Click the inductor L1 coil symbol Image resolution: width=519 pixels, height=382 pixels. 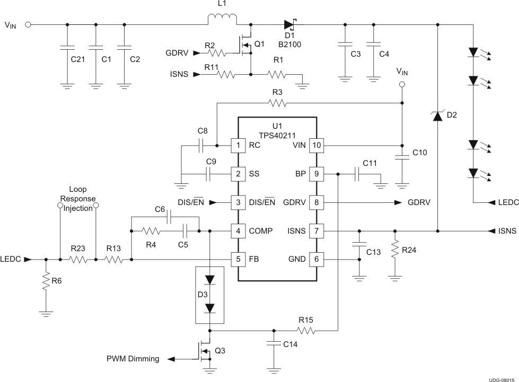click(222, 21)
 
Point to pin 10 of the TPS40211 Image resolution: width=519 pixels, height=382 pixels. click(317, 145)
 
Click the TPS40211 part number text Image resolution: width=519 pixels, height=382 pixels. click(276, 135)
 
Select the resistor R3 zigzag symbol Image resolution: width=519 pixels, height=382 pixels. click(277, 102)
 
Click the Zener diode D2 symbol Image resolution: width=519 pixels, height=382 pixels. click(438, 116)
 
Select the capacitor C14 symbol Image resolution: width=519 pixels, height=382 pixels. click(274, 344)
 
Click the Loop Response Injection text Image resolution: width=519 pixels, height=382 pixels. click(78, 199)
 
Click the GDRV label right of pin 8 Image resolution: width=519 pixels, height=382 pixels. click(419, 202)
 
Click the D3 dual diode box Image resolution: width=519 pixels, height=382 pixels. click(210, 295)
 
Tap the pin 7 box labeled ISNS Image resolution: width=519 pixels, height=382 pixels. click(317, 231)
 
